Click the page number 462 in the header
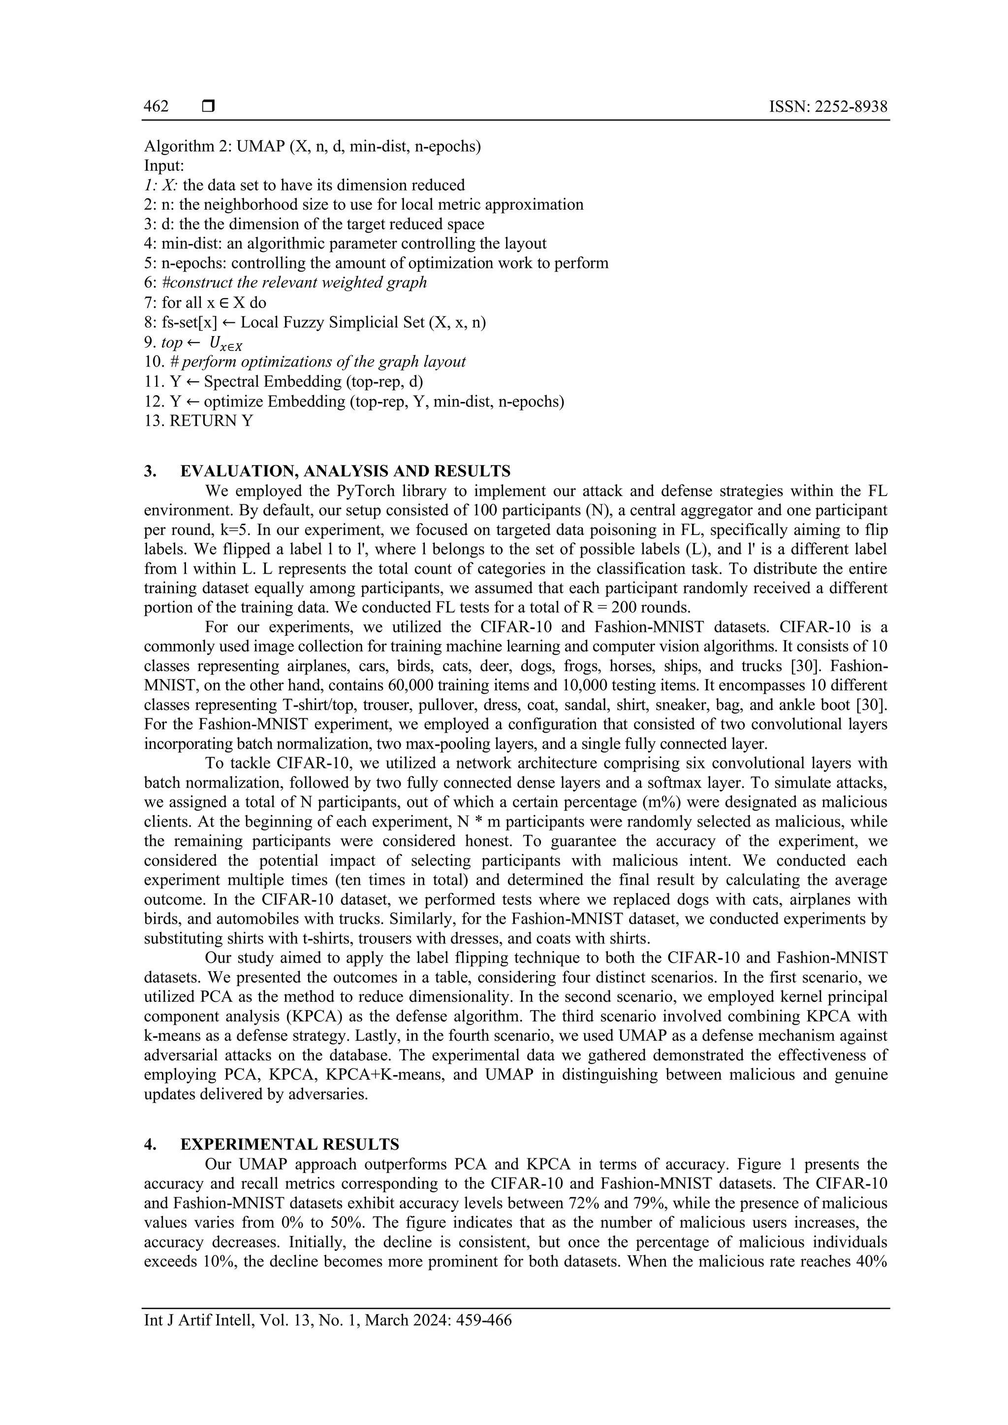(156, 107)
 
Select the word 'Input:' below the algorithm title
(160, 166)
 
